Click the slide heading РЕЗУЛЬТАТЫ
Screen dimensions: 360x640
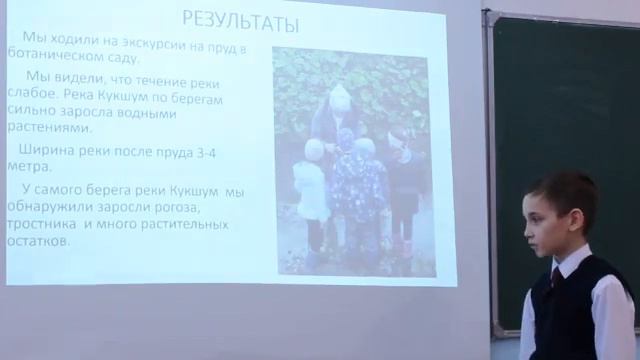(x=238, y=19)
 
